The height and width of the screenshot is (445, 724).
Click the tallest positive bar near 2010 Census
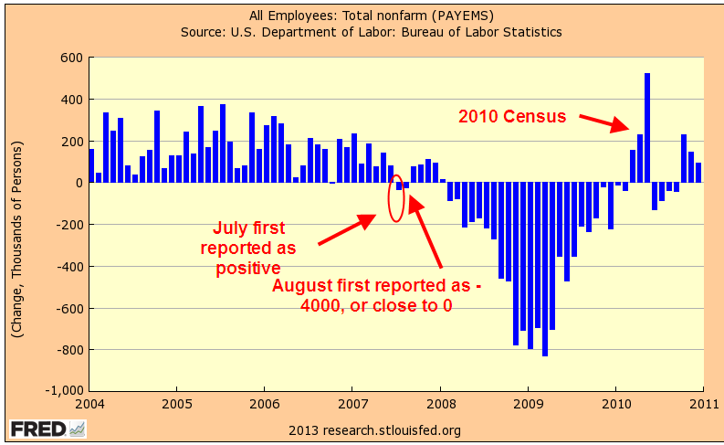pos(647,127)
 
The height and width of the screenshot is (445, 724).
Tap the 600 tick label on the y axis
pos(71,58)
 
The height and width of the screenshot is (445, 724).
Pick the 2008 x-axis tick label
pos(440,403)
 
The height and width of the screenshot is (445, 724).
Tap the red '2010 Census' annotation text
pos(512,117)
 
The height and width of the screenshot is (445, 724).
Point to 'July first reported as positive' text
pos(249,247)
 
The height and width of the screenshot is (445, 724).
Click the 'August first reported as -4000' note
pos(376,295)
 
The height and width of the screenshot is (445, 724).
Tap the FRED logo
pos(47,428)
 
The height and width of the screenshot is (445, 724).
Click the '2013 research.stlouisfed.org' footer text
pos(374,429)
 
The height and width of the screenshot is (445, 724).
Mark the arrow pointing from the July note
pos(347,229)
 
